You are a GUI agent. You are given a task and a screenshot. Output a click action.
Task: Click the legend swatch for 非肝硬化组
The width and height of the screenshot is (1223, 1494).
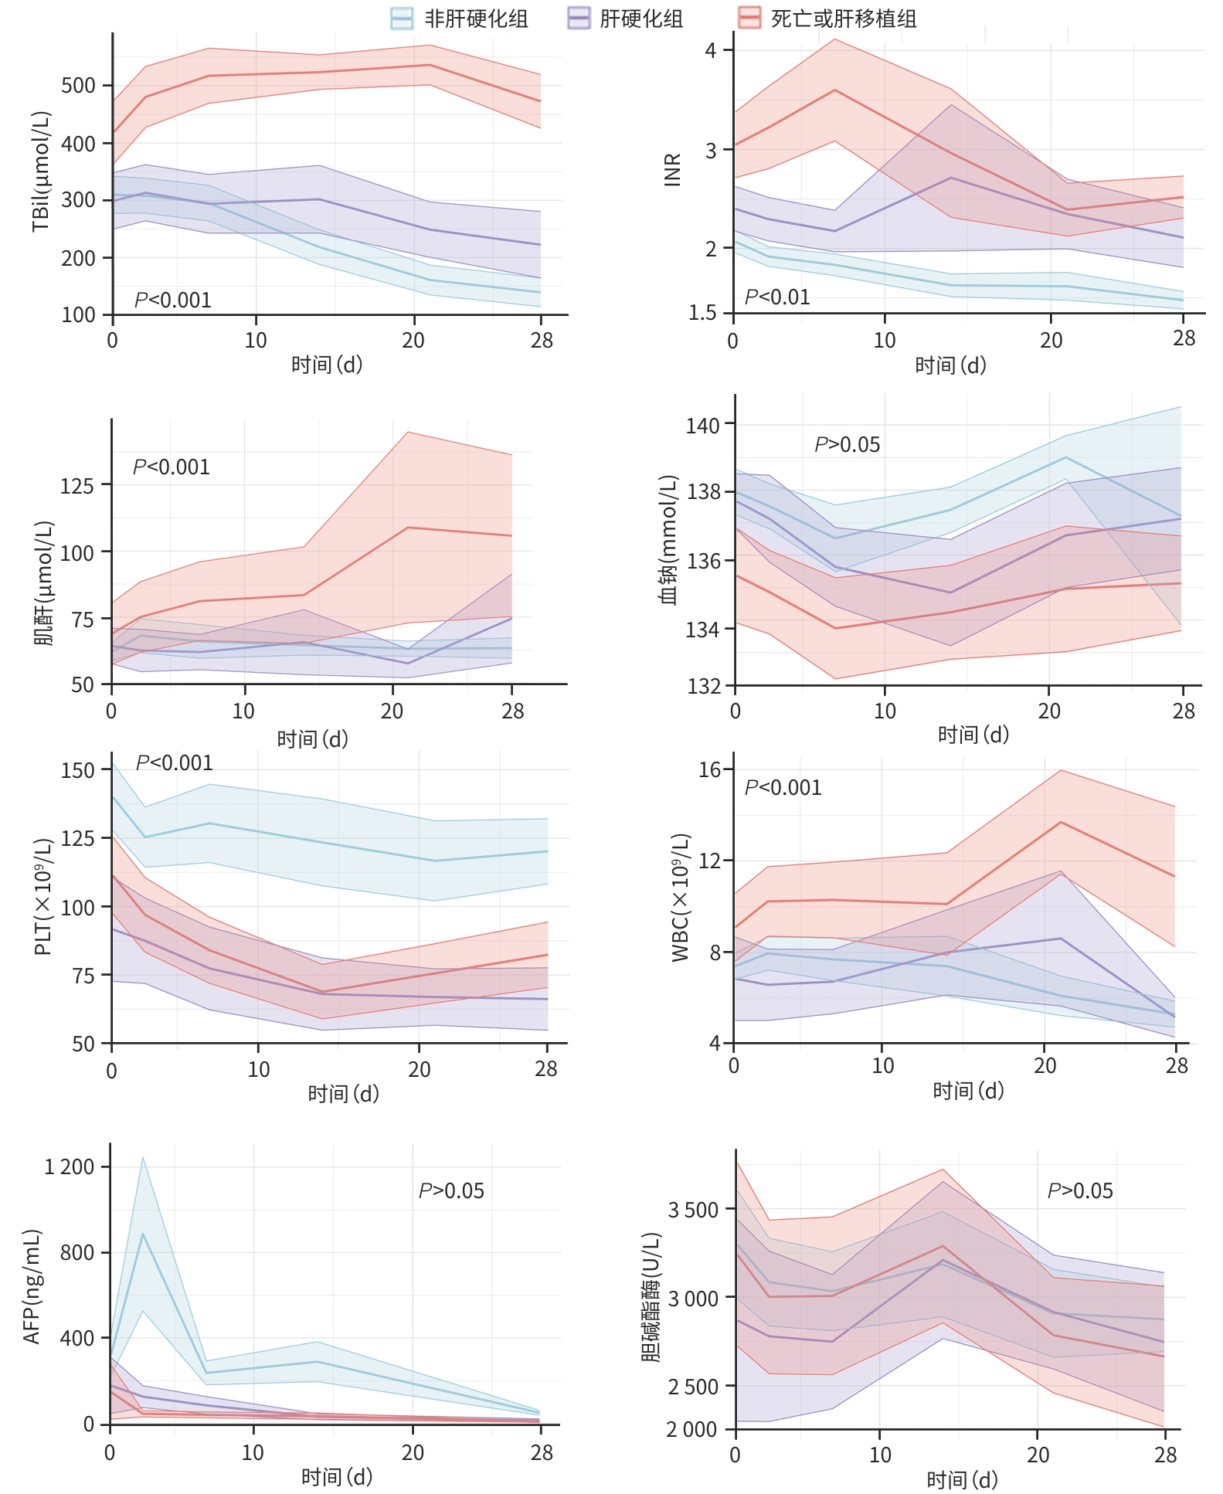[402, 18]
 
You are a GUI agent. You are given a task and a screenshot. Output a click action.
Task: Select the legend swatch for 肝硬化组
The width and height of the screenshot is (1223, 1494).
[579, 18]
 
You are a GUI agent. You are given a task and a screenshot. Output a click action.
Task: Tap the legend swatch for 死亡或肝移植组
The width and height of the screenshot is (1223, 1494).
[749, 18]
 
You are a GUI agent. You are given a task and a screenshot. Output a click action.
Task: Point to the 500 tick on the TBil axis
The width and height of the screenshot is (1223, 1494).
[78, 86]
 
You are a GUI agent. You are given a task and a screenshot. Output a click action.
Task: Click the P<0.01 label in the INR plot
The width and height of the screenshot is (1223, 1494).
[776, 297]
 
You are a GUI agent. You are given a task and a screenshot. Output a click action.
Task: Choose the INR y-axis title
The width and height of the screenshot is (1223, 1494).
[673, 169]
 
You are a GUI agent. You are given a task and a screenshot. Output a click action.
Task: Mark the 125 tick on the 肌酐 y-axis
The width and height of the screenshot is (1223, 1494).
[76, 486]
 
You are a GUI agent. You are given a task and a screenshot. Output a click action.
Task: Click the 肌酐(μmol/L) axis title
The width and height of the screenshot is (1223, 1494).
[44, 583]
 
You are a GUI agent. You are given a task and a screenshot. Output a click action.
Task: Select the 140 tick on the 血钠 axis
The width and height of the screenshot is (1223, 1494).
[702, 426]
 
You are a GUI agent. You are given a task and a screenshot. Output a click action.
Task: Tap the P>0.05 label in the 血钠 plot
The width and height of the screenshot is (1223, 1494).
[847, 445]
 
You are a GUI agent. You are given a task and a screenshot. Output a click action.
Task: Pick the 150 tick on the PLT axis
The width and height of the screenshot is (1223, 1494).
[77, 770]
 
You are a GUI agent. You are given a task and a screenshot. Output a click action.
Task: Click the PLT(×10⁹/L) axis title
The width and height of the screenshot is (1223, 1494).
[44, 896]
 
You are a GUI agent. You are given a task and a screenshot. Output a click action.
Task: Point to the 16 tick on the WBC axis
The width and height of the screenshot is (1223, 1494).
[709, 769]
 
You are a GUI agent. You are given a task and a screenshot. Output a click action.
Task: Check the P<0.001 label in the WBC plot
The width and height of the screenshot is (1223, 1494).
[783, 788]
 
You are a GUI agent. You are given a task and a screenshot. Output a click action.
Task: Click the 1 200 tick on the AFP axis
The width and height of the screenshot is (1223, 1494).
[69, 1166]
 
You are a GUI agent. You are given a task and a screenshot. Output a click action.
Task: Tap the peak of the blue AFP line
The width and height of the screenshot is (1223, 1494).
[143, 1234]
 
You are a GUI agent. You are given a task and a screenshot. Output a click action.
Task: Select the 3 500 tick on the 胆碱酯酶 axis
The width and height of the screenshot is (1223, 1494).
[692, 1210]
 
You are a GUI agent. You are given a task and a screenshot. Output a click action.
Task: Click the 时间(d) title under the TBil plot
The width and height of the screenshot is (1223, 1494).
[326, 365]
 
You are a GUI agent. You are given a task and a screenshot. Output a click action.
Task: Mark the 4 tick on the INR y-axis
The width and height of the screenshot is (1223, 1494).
[712, 50]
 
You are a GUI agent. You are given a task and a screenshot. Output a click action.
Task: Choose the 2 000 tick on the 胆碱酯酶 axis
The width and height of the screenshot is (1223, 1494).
[692, 1430]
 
